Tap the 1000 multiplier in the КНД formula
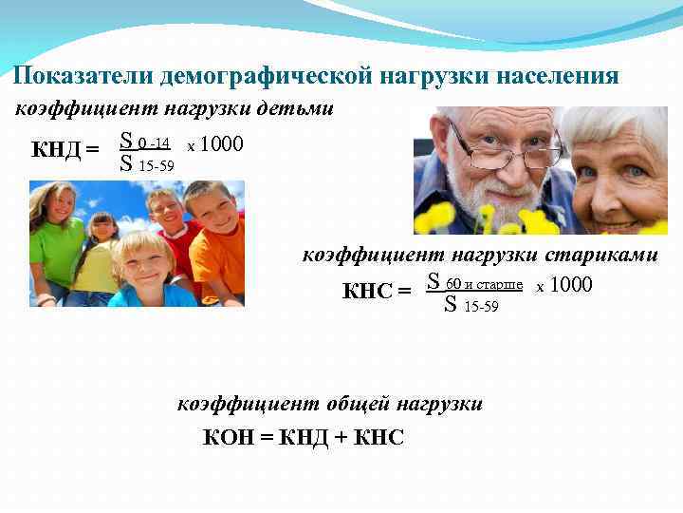click(223, 144)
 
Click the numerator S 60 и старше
click(475, 283)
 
